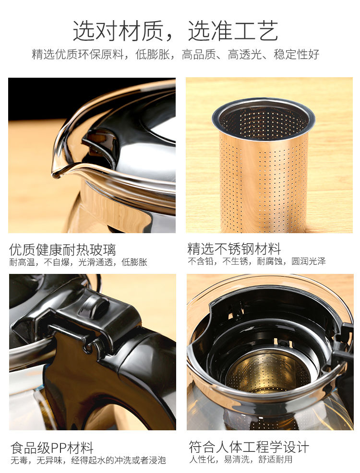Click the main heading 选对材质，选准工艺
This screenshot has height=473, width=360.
[175, 31]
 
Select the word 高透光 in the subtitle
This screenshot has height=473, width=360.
[245, 55]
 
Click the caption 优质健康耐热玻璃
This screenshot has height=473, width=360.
[62, 250]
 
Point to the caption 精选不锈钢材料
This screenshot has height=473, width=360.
[234, 249]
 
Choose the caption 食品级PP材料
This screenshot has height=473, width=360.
[52, 448]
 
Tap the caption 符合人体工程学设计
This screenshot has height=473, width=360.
[249, 447]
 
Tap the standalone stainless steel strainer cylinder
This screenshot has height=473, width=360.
[263, 166]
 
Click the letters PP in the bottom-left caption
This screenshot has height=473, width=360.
[59, 448]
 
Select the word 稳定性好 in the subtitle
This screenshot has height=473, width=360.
[297, 55]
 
